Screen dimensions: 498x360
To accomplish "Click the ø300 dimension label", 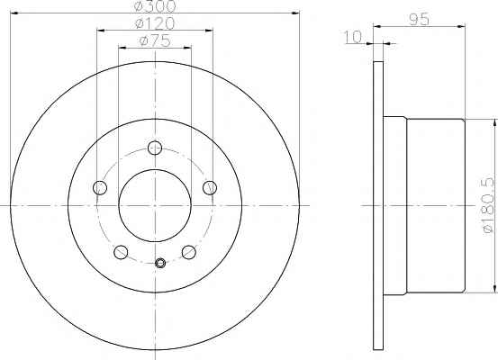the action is pyautogui.click(x=155, y=5).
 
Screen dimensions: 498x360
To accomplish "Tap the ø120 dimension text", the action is pyautogui.click(x=155, y=23).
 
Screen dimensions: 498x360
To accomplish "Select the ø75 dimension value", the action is pyautogui.click(x=155, y=40).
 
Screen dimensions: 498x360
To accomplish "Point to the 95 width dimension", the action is pyautogui.click(x=420, y=20).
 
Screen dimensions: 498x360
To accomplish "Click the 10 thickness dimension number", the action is pyautogui.click(x=353, y=37).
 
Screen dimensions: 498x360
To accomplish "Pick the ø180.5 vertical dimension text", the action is pyautogui.click(x=489, y=205).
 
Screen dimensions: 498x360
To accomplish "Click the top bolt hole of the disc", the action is pyautogui.click(x=155, y=148).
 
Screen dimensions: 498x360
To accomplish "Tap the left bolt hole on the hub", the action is pyautogui.click(x=100, y=187).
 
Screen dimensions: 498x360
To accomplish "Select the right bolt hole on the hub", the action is pyautogui.click(x=210, y=187).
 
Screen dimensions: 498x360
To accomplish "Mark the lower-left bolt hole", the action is pyautogui.click(x=121, y=252).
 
